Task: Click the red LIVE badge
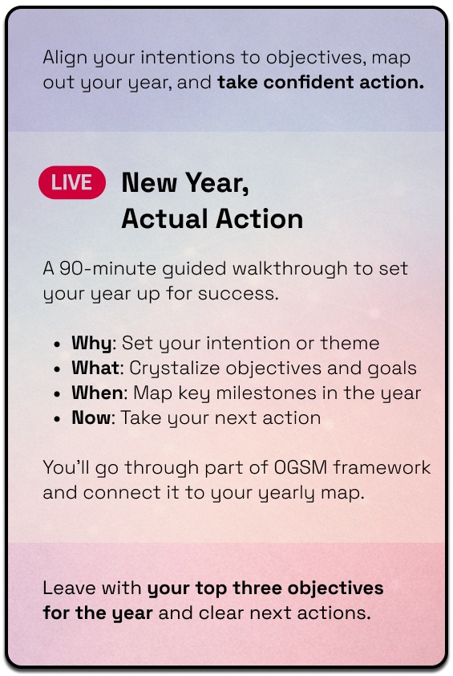point(72,182)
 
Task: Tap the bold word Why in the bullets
point(91,344)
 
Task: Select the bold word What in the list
point(95,368)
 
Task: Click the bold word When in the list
point(97,393)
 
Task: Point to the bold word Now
point(91,417)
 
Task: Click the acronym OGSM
point(301,467)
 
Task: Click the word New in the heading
point(149,182)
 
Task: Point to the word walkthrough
point(289,269)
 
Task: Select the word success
point(238,294)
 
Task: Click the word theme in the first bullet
point(350,343)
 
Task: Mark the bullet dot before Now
point(57,419)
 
